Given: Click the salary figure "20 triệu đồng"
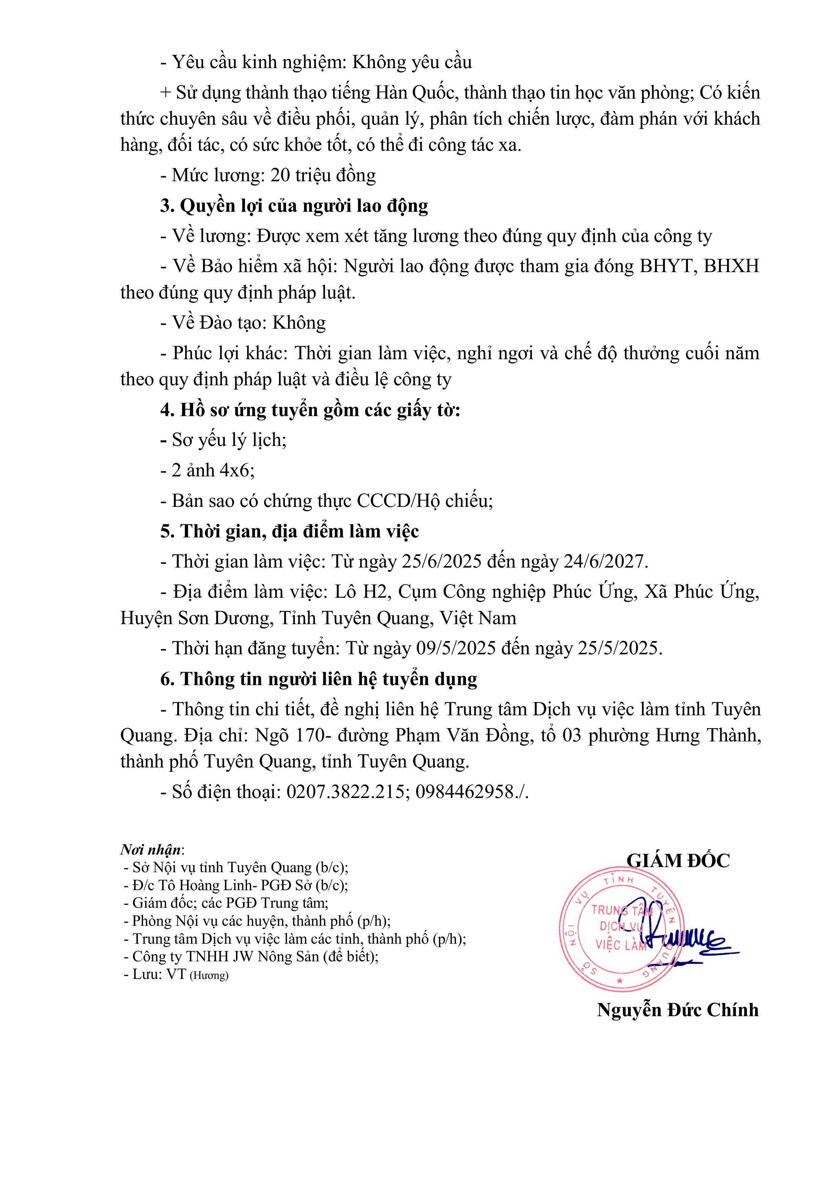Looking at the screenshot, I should click(x=323, y=176).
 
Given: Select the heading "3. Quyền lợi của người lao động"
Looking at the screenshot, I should click(x=294, y=206).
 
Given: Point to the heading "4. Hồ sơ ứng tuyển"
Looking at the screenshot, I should click(x=310, y=410).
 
